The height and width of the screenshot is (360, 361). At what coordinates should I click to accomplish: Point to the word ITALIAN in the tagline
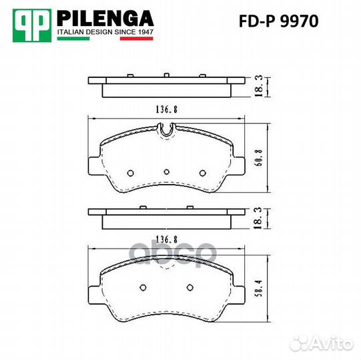[x=73, y=31]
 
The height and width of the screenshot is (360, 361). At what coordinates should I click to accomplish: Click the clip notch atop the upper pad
[x=167, y=131]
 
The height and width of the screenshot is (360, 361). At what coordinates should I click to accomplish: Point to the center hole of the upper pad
[x=166, y=171]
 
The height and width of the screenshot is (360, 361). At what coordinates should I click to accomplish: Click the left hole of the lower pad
[x=141, y=289]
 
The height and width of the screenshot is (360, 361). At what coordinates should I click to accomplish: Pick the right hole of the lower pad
[x=191, y=289]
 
